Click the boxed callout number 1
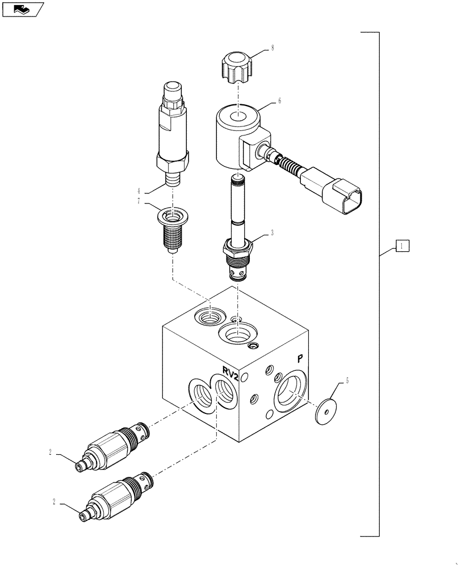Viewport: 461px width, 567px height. click(401, 246)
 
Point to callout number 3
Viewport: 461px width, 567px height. click(273, 232)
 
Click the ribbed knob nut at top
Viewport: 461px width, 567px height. click(236, 66)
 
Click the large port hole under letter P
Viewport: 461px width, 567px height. click(291, 395)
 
